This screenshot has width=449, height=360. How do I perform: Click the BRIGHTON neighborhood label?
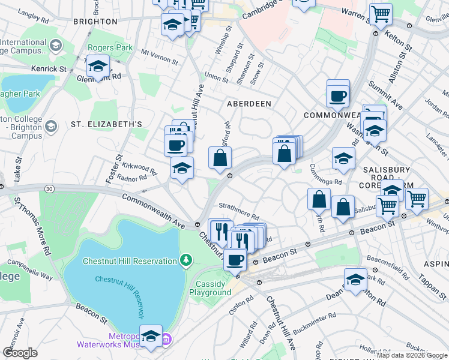point(95,21)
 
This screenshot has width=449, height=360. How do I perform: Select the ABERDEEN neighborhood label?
point(249,104)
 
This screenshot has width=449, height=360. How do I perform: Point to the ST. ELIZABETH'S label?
point(106,124)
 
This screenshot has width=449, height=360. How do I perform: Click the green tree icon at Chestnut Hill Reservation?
point(187,260)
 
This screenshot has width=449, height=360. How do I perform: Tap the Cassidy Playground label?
point(210,288)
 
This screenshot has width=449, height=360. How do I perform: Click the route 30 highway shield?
point(49,188)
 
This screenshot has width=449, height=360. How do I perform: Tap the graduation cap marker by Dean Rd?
point(355,279)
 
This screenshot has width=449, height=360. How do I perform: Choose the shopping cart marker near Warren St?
point(381,14)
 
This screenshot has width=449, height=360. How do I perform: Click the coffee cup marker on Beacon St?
point(235,260)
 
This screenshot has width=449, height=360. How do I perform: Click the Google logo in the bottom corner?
point(20,353)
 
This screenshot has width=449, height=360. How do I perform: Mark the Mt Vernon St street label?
point(160,58)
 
